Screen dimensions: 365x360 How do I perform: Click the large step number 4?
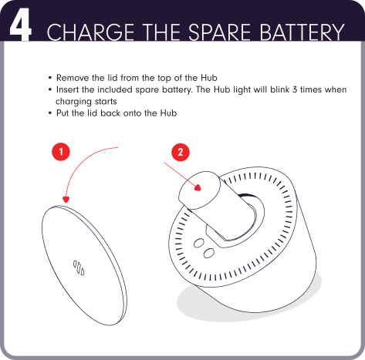[21, 25]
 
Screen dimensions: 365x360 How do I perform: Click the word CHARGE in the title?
[90, 32]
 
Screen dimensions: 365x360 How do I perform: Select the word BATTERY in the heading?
[302, 32]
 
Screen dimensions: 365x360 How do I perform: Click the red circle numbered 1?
[61, 152]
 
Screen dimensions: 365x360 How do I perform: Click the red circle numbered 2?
[181, 152]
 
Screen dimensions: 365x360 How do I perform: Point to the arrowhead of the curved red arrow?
[66, 200]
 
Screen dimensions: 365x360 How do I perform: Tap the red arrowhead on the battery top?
[198, 187]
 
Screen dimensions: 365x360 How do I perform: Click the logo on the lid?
[79, 267]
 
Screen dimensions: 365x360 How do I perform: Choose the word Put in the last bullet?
[63, 113]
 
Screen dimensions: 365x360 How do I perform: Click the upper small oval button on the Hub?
[199, 243]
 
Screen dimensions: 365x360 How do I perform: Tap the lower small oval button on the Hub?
[209, 253]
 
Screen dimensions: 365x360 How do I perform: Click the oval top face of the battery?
[199, 190]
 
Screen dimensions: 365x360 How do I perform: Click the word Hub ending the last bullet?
[168, 113]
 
